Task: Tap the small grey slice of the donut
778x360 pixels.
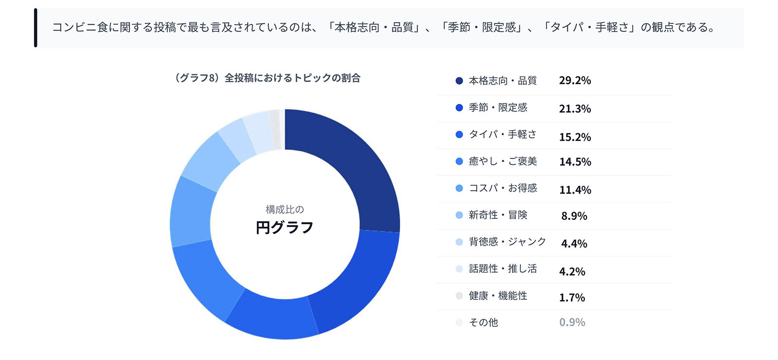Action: (x=275, y=128)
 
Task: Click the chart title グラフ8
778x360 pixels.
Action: (x=267, y=78)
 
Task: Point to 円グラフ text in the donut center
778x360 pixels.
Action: (x=284, y=228)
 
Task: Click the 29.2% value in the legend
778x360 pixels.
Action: (x=575, y=81)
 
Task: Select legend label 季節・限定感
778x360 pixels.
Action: (x=498, y=108)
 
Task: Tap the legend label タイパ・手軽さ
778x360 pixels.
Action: (x=503, y=135)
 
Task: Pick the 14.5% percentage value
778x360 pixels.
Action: (x=575, y=162)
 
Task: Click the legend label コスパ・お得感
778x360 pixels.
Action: (x=503, y=188)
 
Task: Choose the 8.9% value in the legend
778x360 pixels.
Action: (x=574, y=216)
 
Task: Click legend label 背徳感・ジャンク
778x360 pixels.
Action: (x=507, y=242)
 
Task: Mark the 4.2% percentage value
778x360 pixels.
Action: (x=572, y=271)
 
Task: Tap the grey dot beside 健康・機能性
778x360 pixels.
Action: (x=459, y=296)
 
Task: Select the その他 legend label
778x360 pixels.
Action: (x=483, y=323)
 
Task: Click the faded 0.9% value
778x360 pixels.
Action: (x=572, y=323)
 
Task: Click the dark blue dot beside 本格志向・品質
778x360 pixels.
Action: (x=459, y=81)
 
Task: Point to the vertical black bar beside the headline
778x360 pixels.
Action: (x=35, y=28)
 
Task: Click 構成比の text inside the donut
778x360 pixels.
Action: (x=284, y=210)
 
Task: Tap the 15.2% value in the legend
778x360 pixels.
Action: (x=575, y=137)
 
